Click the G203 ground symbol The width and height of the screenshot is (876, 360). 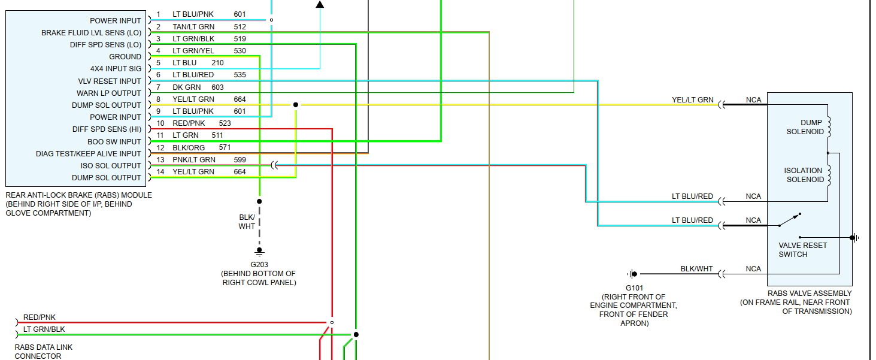tap(259, 251)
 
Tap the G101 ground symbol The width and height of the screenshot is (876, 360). tap(632, 274)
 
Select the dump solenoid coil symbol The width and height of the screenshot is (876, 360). tap(829, 127)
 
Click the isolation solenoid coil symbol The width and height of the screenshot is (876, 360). tap(829, 175)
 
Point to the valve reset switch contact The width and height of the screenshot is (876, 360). tap(789, 220)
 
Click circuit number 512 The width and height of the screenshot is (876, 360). tap(240, 26)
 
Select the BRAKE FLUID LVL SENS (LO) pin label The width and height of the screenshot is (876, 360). tap(91, 32)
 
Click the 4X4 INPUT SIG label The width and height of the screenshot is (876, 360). tap(116, 69)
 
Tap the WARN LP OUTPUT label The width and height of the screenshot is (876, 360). tap(109, 93)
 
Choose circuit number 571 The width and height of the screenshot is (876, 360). tap(225, 147)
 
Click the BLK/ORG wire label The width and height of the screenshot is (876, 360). tap(189, 147)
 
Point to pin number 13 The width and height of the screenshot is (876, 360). tap(160, 159)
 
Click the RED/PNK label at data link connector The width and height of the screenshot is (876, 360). tap(40, 317)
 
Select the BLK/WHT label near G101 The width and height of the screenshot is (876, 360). tap(696, 269)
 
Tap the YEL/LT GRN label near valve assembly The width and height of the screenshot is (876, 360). tap(692, 100)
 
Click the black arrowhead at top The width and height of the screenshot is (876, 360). tap(320, 4)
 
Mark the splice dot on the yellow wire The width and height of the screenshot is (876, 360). tap(295, 105)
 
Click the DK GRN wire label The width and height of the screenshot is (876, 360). tap(186, 87)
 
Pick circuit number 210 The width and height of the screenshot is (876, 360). tap(217, 63)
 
